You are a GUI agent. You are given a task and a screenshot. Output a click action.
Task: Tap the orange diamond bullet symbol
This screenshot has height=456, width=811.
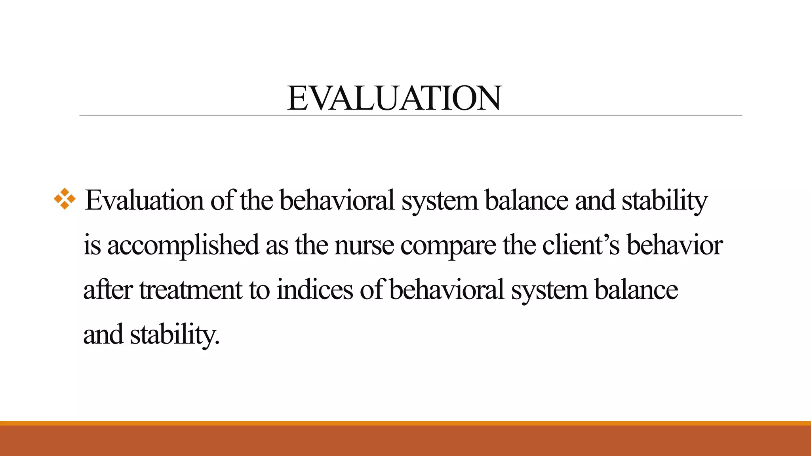click(x=65, y=199)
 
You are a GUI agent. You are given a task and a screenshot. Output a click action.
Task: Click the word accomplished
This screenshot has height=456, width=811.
click(x=183, y=245)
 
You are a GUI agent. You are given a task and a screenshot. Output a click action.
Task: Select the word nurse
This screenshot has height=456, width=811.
click(x=364, y=245)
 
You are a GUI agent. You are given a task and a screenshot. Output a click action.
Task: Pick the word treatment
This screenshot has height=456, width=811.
click(x=190, y=290)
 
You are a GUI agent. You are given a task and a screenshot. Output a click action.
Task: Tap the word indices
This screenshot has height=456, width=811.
click(x=314, y=290)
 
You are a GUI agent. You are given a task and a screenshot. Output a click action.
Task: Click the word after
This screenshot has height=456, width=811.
click(x=107, y=290)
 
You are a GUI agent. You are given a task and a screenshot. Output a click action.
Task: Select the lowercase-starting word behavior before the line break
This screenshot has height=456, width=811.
click(x=675, y=245)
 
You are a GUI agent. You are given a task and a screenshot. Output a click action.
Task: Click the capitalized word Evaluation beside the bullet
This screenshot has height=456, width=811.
click(x=144, y=200)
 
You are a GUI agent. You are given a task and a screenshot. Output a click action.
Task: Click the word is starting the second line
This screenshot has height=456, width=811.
click(x=92, y=245)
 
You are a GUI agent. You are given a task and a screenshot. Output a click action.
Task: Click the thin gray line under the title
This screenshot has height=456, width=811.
click(x=411, y=116)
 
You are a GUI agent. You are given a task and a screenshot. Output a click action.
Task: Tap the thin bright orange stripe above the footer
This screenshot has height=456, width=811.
click(x=405, y=423)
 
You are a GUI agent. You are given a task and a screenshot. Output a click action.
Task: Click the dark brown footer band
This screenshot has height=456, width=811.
click(x=405, y=441)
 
